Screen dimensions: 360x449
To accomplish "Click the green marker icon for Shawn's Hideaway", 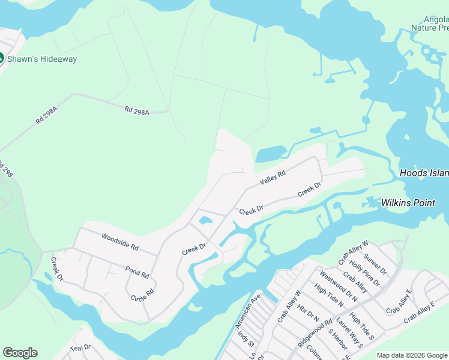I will pyautogui.click(x=1, y=59).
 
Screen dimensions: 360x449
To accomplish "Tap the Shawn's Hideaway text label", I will pyautogui.click(x=42, y=59).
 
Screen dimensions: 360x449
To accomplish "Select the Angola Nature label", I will pyautogui.click(x=430, y=23).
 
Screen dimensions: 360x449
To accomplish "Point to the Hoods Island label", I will pyautogui.click(x=424, y=173).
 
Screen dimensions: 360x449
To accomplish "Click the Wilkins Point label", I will pyautogui.click(x=408, y=203).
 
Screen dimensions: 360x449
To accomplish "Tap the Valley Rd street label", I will pyautogui.click(x=272, y=177).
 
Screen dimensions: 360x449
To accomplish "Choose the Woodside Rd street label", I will pyautogui.click(x=120, y=242).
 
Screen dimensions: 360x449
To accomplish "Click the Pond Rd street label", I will pyautogui.click(x=137, y=271).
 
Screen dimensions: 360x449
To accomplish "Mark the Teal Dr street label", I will pyautogui.click(x=80, y=347).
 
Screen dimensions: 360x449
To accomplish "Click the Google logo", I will pyautogui.click(x=20, y=353).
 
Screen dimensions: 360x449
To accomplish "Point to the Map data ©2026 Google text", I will pyautogui.click(x=412, y=355).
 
